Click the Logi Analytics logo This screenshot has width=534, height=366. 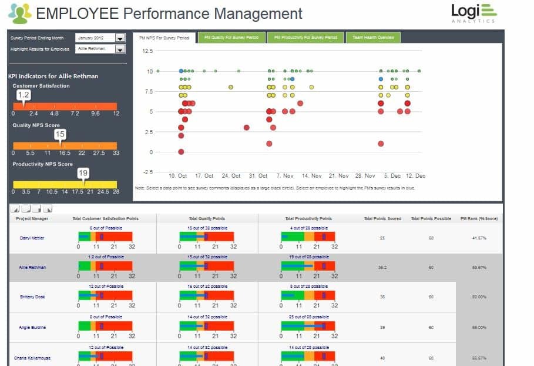point(473,14)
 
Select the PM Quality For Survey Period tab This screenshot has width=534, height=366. point(231,38)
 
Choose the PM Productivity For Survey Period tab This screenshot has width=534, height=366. point(305,38)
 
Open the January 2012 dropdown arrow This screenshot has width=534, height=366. point(120,38)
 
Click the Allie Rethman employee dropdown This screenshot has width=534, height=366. point(120,49)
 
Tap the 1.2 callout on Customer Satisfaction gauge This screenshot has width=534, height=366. point(23,95)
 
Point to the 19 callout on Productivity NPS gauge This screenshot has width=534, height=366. point(83,173)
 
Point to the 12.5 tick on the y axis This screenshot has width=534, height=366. point(147,51)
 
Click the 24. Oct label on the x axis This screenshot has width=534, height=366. point(231,176)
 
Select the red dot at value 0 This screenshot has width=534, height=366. point(181,152)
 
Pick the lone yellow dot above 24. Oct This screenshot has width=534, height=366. point(231,87)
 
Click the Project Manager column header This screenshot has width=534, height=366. point(32,218)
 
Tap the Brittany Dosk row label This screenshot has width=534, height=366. point(32,297)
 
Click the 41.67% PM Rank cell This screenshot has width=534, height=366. point(479,238)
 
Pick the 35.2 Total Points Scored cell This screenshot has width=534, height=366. point(382,267)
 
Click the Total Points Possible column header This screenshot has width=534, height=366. point(431,218)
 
